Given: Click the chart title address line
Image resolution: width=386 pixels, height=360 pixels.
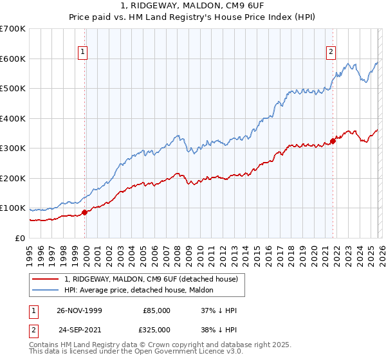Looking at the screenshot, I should click(192, 6).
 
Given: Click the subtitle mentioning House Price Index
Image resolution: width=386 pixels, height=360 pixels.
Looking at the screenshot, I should click(192, 17).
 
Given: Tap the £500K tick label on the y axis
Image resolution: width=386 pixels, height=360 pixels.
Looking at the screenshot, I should click(13, 89).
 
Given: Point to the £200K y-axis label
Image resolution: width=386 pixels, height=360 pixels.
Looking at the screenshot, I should click(13, 178).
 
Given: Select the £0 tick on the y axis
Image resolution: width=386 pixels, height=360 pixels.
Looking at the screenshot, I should click(21, 238).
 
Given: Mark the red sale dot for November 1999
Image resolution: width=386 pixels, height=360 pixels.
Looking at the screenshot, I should click(84, 212).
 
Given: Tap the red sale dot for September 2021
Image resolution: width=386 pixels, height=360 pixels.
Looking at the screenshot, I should click(333, 141).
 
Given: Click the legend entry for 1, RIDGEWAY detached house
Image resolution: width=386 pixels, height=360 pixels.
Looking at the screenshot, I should click(151, 279).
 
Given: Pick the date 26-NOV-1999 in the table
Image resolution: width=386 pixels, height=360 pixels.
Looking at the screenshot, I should click(80, 310).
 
